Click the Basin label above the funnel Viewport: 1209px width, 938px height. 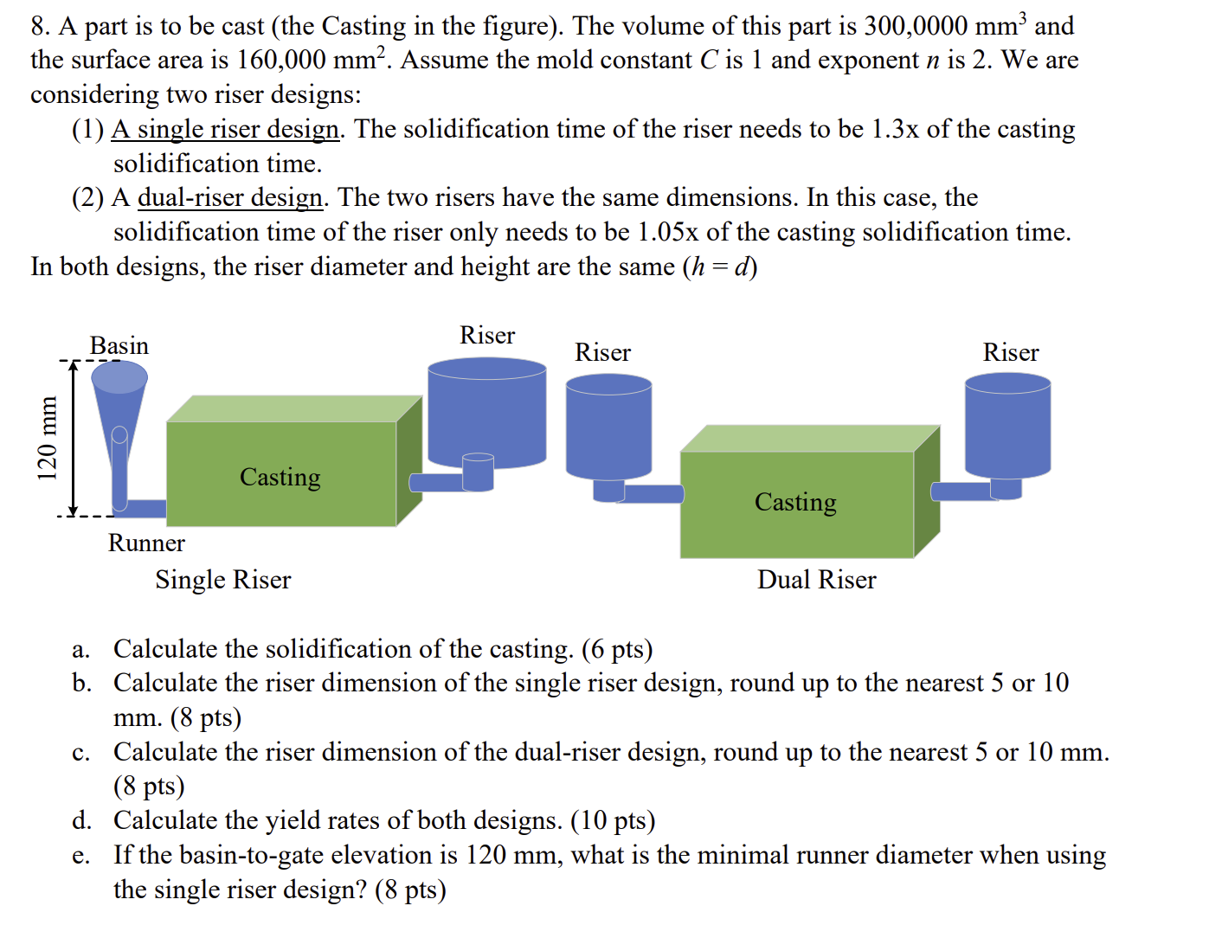[119, 346]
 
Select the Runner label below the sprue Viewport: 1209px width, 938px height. [146, 543]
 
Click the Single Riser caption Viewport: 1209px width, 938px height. [223, 580]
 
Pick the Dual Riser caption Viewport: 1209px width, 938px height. [816, 580]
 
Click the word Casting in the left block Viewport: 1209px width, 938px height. [280, 478]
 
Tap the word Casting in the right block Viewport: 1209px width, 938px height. [795, 503]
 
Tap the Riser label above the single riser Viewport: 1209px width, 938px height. [487, 336]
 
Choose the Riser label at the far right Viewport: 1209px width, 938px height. [1011, 353]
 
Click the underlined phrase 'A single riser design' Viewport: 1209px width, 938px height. [226, 130]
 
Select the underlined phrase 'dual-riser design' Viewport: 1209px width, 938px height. [230, 198]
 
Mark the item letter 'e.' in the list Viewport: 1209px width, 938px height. [80, 856]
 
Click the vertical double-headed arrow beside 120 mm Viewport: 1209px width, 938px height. [74, 439]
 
